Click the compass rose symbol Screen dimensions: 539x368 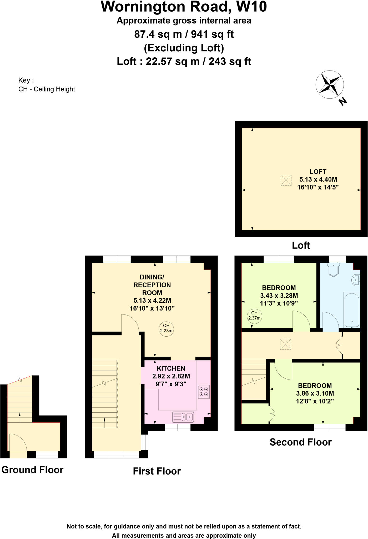pyautogui.click(x=329, y=85)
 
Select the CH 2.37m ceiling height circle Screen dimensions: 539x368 pyautogui.click(x=254, y=315)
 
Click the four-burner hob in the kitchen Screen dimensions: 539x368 pyautogui.click(x=204, y=391)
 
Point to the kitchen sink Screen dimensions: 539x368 pyautogui.click(x=183, y=417)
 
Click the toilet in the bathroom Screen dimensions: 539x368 pyautogui.click(x=334, y=270)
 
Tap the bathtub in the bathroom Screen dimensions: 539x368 pyautogui.click(x=352, y=309)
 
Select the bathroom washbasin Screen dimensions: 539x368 pyautogui.click(x=356, y=280)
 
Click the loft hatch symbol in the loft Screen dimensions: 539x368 pyautogui.click(x=286, y=180)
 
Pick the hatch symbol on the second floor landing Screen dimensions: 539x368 pyautogui.click(x=286, y=344)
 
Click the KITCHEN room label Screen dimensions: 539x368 pyautogui.click(x=171, y=368)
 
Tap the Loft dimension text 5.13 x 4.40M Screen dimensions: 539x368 pyautogui.click(x=318, y=179)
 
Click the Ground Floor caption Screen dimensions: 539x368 pyautogui.click(x=32, y=470)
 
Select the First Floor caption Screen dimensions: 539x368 pyautogui.click(x=157, y=471)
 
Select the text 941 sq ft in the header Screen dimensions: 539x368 pyautogui.click(x=212, y=34)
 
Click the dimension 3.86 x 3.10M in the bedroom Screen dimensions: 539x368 pyautogui.click(x=315, y=393)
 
